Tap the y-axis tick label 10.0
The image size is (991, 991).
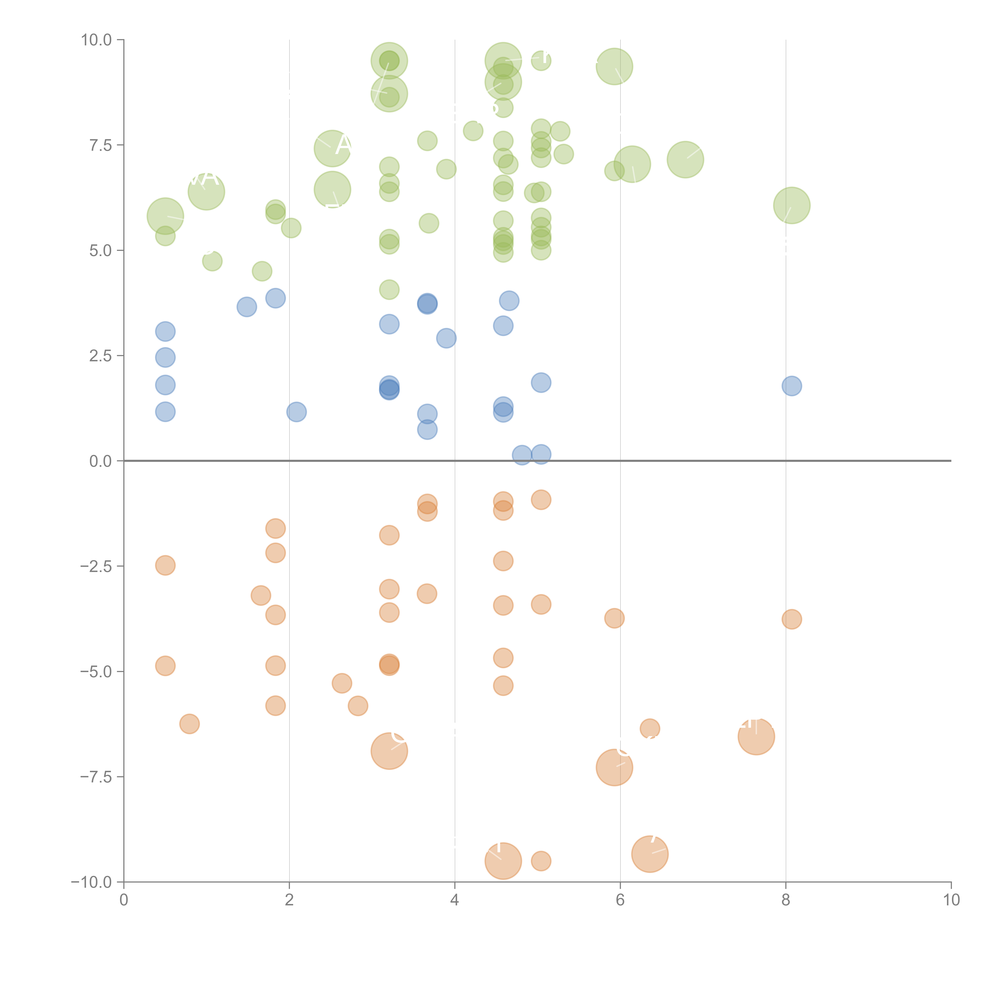[97, 40]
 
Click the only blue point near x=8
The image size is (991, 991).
[791, 386]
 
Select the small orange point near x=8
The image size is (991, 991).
[791, 619]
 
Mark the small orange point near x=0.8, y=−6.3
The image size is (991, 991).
[189, 724]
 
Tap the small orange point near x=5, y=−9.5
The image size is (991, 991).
[541, 861]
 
